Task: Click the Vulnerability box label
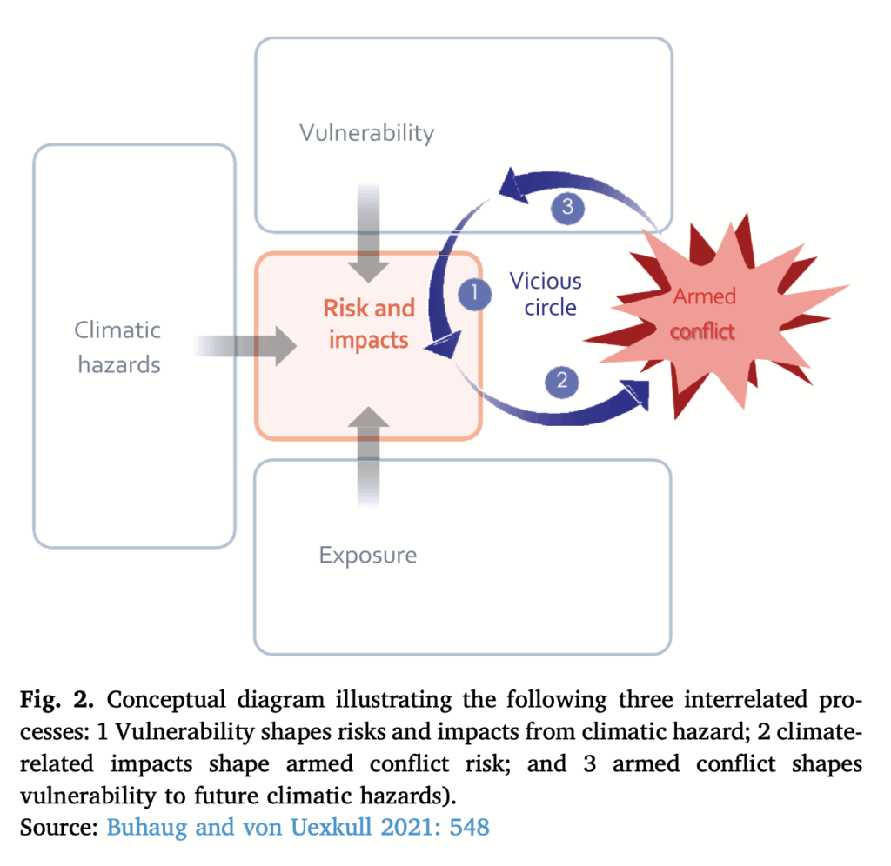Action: point(366,133)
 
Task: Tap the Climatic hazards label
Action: point(117,346)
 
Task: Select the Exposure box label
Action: point(367,555)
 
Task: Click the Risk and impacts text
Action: point(368,323)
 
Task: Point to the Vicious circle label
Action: point(546,294)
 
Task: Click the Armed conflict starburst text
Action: point(704,313)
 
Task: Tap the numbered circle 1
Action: point(474,294)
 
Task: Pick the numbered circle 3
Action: point(566,208)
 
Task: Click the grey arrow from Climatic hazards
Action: point(248,346)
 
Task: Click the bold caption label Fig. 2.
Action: point(57,700)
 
